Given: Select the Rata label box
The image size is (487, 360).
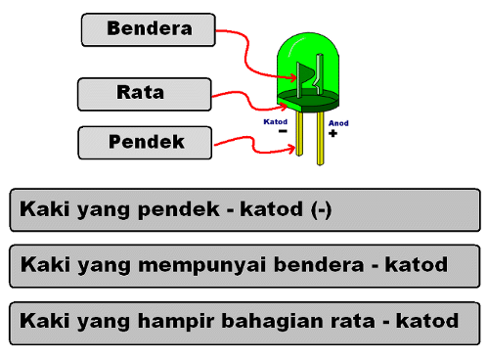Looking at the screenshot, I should pyautogui.click(x=143, y=94).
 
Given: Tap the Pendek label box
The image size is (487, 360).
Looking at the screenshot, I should pyautogui.click(x=145, y=143).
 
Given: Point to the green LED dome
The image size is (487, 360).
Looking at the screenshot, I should pyautogui.click(x=309, y=59).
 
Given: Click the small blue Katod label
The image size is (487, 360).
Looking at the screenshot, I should pyautogui.click(x=276, y=122).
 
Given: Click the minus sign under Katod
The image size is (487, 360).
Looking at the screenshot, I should pyautogui.click(x=282, y=133).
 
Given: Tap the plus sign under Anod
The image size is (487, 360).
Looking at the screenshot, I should pyautogui.click(x=332, y=134).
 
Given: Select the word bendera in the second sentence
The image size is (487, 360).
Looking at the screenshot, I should pyautogui.click(x=338, y=265).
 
